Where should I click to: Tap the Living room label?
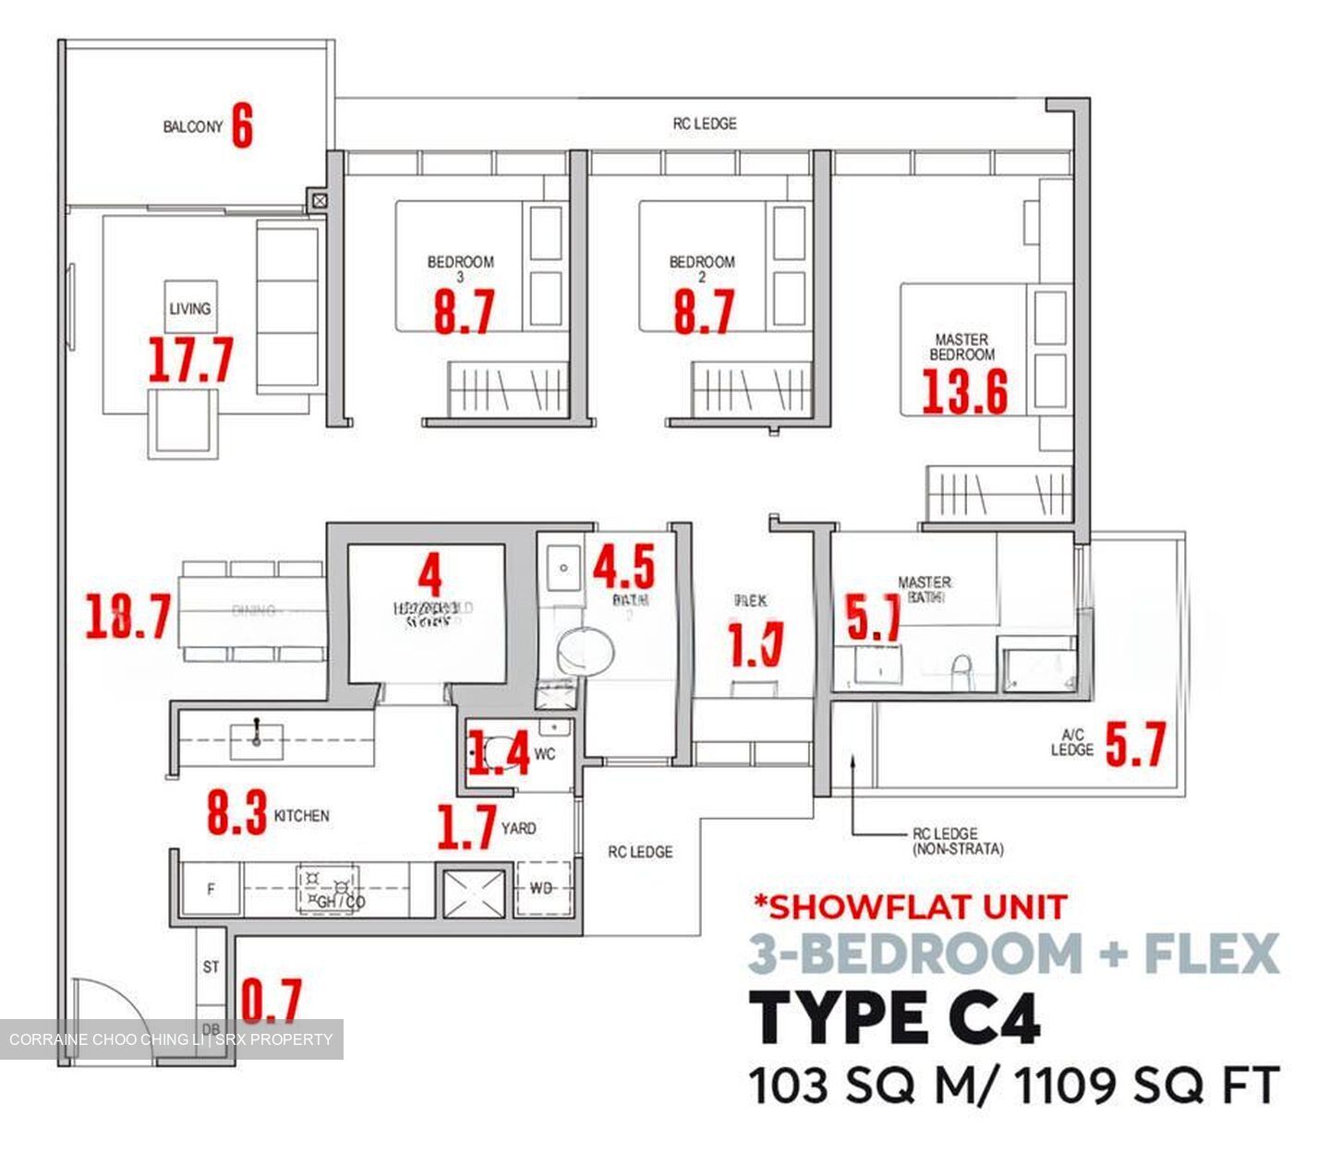coord(189,308)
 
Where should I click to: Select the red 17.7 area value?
coord(191,360)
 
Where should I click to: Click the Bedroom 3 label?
coord(460,268)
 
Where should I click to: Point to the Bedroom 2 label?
coord(702,268)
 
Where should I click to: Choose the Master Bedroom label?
coord(961,347)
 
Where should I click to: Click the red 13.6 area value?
coord(965,391)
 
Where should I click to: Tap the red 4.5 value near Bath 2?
coord(623,566)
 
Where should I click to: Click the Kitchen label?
coord(301,816)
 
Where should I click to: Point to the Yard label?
coord(518,828)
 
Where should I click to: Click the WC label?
coord(545,754)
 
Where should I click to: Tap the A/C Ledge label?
coord(1071,743)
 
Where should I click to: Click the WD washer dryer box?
coord(541,888)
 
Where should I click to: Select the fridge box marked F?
coord(211,890)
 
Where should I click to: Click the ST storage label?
coord(212,967)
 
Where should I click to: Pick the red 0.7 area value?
coord(272,1001)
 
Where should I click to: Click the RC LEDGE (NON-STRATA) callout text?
coord(957,841)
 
